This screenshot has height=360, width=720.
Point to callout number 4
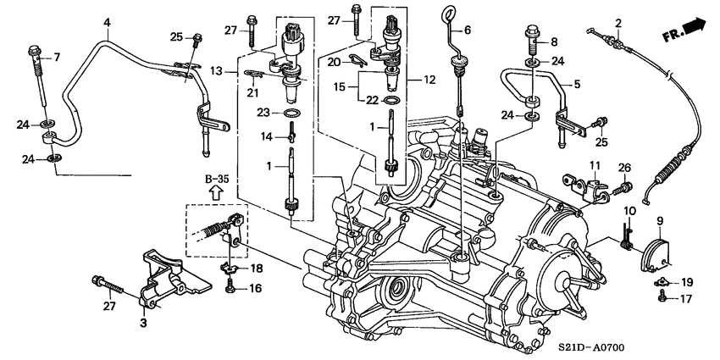(x=107, y=21)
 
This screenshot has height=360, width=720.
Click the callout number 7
(x=58, y=58)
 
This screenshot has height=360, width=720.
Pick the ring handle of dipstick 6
(x=446, y=14)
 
